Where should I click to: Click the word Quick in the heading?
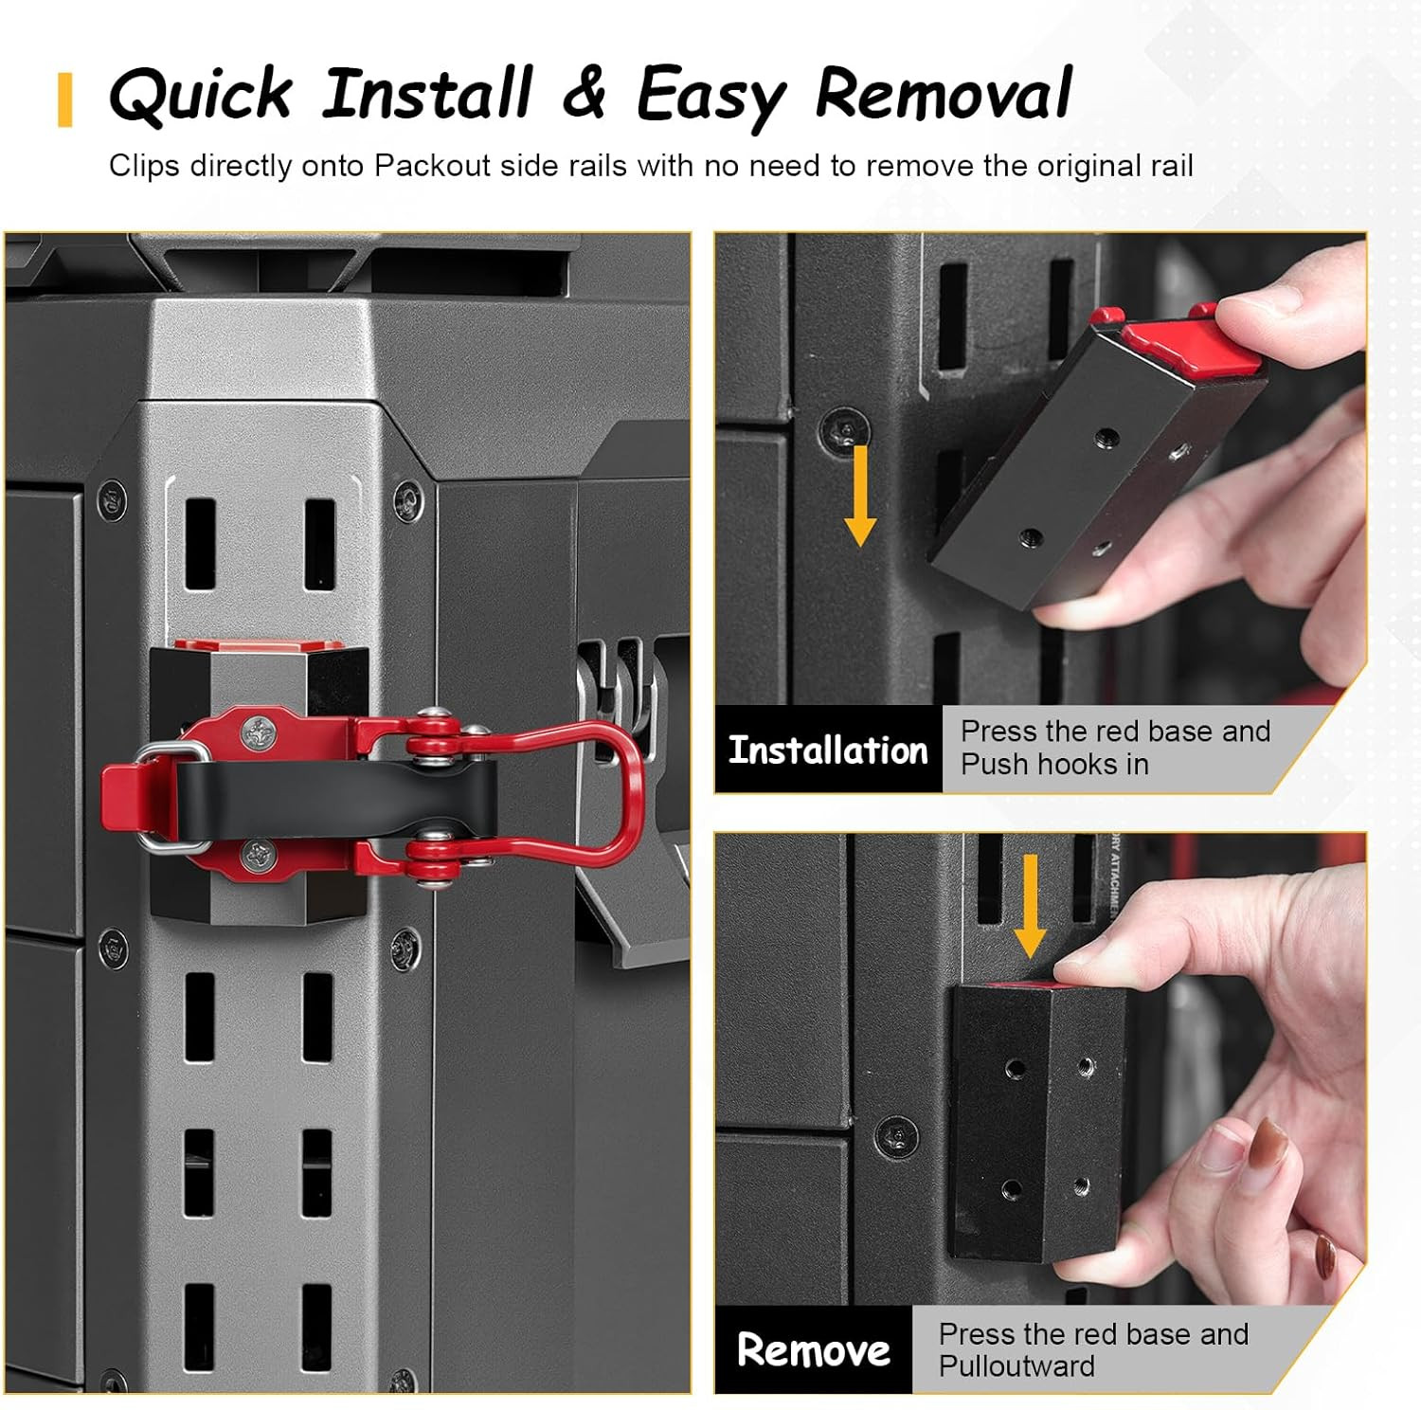pos(202,94)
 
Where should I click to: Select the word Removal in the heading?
pos(943,93)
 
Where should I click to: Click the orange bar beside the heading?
pos(64,99)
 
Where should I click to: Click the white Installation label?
pos(828,750)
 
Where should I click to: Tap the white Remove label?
pos(814,1349)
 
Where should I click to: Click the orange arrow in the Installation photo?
pos(859,496)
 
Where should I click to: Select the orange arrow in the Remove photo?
pos(1030,906)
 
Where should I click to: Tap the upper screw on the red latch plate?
pos(258,731)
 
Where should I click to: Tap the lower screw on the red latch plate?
pos(258,856)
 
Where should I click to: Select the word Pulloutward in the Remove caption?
pos(1016,1366)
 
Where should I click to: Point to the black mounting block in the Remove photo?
pos(1037,1123)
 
